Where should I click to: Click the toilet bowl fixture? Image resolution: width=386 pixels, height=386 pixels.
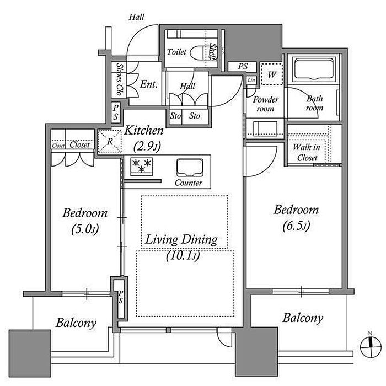[x=195, y=53]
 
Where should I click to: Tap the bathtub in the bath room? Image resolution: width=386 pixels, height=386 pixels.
[x=313, y=71]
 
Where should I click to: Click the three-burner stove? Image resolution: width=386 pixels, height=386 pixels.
[x=142, y=167]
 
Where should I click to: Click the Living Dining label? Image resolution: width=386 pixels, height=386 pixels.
[x=182, y=240]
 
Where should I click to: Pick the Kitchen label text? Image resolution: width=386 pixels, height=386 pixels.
[x=143, y=131]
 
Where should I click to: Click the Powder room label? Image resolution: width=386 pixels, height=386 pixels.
[x=264, y=104]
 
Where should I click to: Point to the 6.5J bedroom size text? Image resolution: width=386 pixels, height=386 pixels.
[x=297, y=226]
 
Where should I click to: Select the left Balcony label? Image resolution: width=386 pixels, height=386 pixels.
[x=76, y=323]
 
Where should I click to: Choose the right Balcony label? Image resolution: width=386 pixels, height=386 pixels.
[x=303, y=318]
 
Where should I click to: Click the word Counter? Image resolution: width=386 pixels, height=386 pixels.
[x=188, y=183]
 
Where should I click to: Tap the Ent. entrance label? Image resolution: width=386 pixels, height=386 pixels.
[x=148, y=85]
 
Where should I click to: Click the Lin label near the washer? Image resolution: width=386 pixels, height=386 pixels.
[x=251, y=81]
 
